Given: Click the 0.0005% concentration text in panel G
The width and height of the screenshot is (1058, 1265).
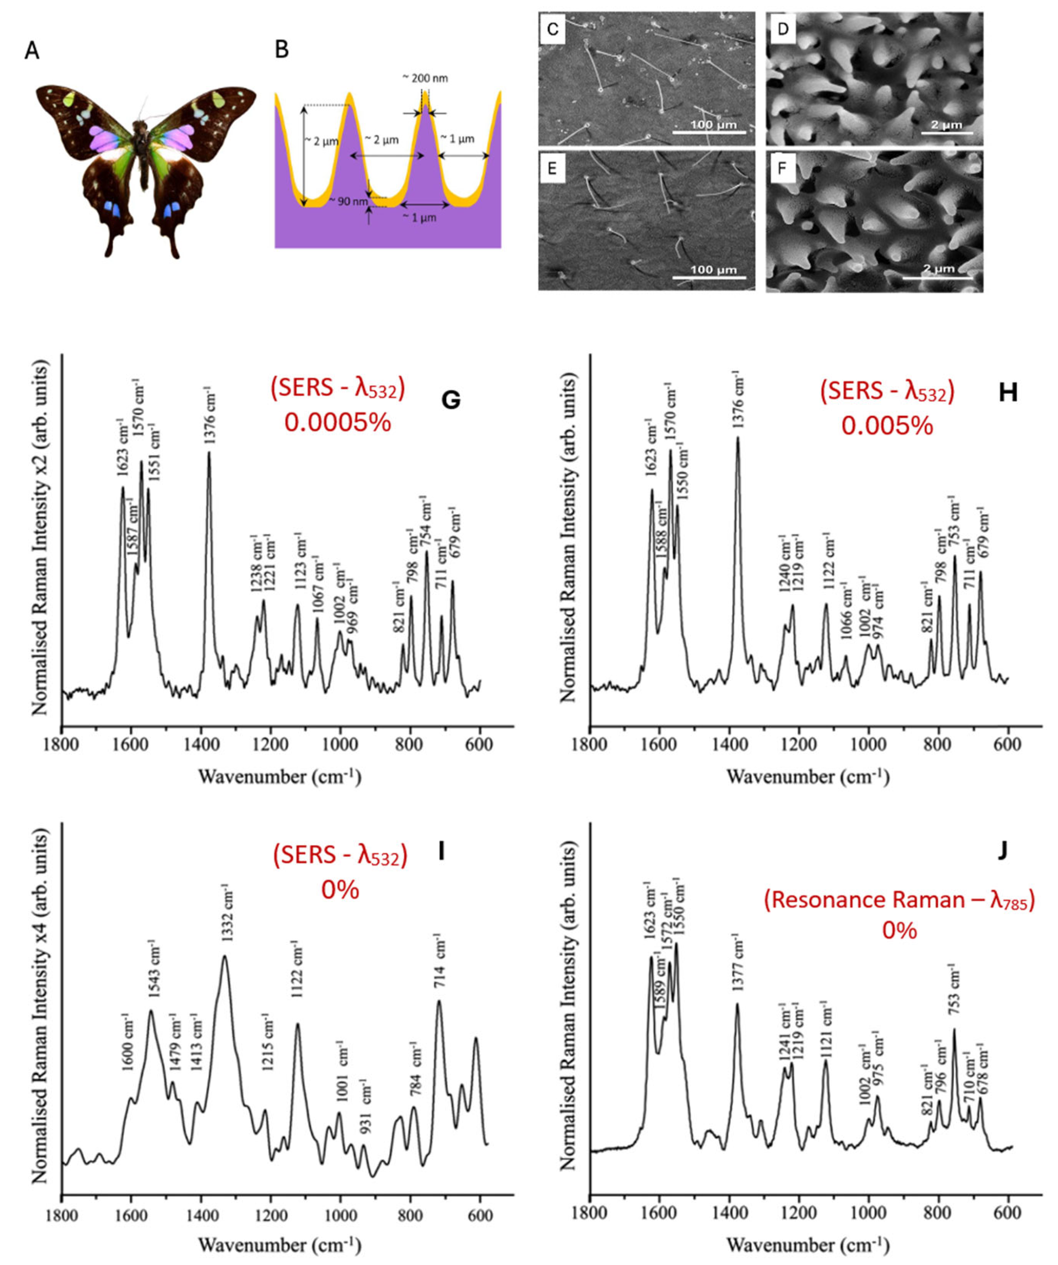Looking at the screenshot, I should point(338,423).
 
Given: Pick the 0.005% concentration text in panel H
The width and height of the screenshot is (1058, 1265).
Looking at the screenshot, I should point(887,426).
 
